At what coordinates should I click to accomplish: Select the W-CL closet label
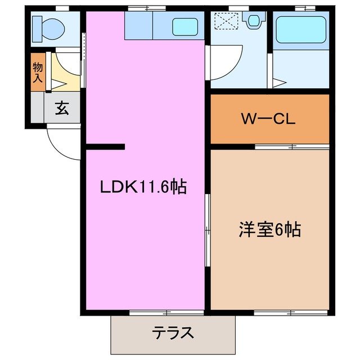pyautogui.click(x=268, y=119)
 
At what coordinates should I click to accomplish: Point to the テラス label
pyautogui.click(x=173, y=333)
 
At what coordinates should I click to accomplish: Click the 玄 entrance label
pyautogui.click(x=61, y=109)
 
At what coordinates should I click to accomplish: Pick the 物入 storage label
pyautogui.click(x=37, y=72)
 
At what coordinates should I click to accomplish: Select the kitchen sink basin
pyautogui.click(x=184, y=26)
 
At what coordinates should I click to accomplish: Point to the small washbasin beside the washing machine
pyautogui.click(x=254, y=21)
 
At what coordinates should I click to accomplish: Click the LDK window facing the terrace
pyautogui.click(x=166, y=311)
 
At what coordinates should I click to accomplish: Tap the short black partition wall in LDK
pyautogui.click(x=105, y=147)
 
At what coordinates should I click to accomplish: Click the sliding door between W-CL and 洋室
pyautogui.click(x=291, y=147)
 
